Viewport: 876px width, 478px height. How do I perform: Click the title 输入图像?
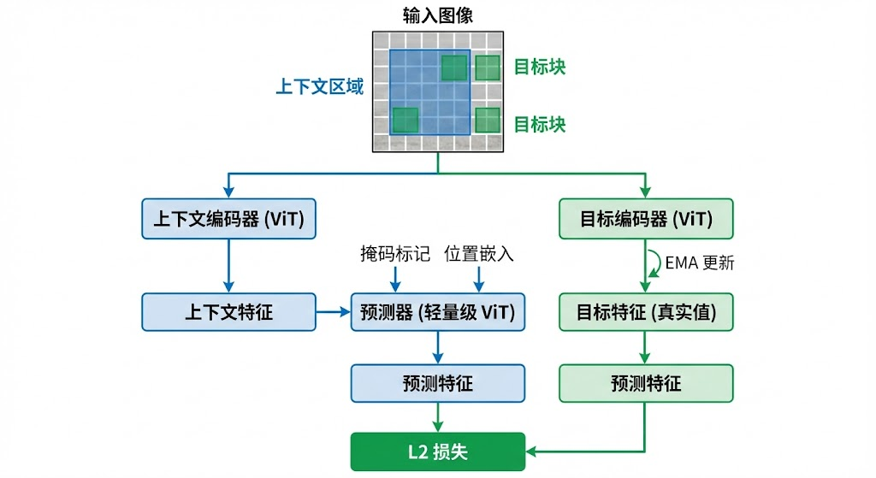click(x=437, y=15)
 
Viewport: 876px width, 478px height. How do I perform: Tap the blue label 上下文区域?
click(x=319, y=86)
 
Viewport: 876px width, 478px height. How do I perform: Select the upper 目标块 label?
click(x=540, y=66)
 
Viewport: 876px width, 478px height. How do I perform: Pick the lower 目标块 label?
click(x=540, y=124)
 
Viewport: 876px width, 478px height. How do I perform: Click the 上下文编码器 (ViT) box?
click(x=228, y=219)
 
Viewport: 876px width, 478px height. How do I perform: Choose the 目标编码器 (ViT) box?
click(x=646, y=219)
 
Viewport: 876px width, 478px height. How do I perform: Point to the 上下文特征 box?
click(x=228, y=312)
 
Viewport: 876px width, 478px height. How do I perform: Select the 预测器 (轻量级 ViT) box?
click(x=437, y=312)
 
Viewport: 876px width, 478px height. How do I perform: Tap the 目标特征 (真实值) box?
click(x=646, y=312)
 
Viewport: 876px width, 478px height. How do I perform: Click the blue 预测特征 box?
click(x=437, y=383)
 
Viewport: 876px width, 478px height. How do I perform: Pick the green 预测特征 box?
click(x=646, y=383)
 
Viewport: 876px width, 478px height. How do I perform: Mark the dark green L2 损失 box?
click(x=437, y=451)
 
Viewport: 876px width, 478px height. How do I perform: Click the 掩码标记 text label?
click(x=395, y=254)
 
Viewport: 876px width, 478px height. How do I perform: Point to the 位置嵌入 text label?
click(x=479, y=254)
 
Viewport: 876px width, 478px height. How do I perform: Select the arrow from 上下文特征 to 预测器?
click(x=333, y=312)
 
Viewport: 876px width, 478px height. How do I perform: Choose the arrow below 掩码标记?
click(x=395, y=278)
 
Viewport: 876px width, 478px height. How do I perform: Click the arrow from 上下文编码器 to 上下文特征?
click(x=228, y=265)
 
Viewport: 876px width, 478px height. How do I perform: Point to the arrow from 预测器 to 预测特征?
click(x=437, y=347)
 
